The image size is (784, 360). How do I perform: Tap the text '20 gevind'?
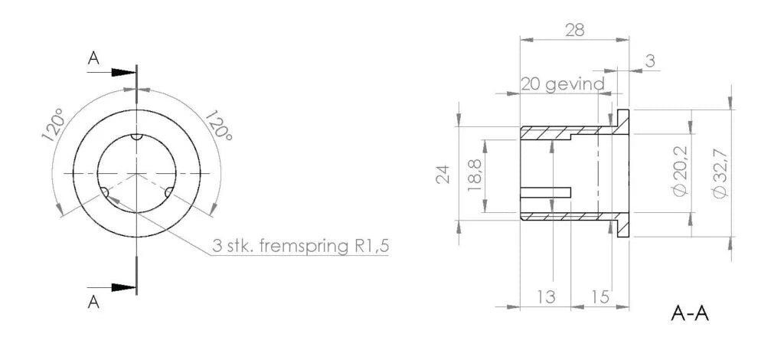(x=563, y=83)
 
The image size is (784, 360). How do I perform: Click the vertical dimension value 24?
(x=443, y=175)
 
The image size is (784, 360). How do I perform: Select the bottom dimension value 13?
(x=546, y=296)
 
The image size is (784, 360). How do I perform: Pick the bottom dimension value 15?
(x=600, y=296)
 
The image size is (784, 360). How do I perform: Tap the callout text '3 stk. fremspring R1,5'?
(x=299, y=247)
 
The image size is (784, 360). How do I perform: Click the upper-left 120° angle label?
(x=53, y=126)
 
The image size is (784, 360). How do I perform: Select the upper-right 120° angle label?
(x=217, y=124)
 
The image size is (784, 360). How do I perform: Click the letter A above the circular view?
(x=93, y=58)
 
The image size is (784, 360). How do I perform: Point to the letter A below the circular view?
(x=93, y=302)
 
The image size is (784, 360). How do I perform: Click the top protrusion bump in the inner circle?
(x=136, y=138)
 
